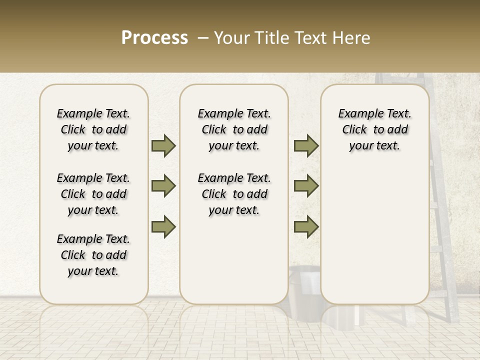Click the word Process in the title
(x=154, y=38)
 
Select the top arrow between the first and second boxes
(x=163, y=145)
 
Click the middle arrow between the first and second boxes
(x=163, y=186)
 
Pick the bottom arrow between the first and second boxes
(x=163, y=227)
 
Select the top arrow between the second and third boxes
(x=306, y=145)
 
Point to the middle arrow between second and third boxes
(x=306, y=186)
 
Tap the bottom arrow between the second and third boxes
(x=306, y=227)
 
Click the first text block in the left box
(x=93, y=129)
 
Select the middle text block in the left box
(x=93, y=194)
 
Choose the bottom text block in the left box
(x=93, y=255)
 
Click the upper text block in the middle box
(x=234, y=129)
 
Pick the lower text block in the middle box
(x=234, y=194)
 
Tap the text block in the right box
(x=374, y=129)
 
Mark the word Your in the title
(x=231, y=38)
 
